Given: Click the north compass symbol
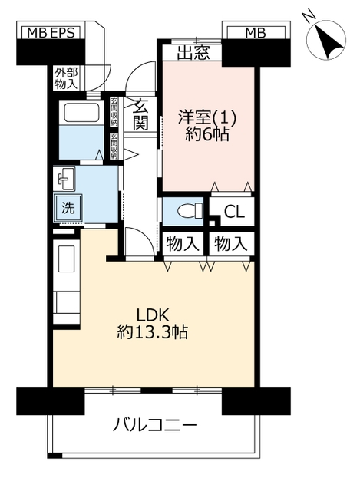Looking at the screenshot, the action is (326, 37).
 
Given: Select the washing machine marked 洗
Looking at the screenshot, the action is (68, 208).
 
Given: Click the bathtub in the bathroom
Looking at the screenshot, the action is (82, 112).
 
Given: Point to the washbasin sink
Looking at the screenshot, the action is (64, 179).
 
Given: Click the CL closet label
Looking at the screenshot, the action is (234, 212).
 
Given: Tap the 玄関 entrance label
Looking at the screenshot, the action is (140, 114).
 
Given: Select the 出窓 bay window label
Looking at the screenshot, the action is (193, 52).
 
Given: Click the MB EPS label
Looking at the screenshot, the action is (51, 32).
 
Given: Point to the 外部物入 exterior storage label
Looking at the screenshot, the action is (66, 78).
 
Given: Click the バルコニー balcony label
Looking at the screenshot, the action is (155, 425).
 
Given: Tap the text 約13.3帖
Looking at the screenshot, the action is (153, 332).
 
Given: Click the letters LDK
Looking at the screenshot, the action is (153, 315).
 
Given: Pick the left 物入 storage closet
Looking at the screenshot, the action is (183, 244).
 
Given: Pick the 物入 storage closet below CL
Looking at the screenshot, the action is (231, 244).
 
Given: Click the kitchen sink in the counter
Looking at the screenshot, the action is (67, 259).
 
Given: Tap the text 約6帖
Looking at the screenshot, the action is (206, 135).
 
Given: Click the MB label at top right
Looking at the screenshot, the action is (256, 32).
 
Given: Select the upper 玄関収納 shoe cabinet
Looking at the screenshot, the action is (114, 112).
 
